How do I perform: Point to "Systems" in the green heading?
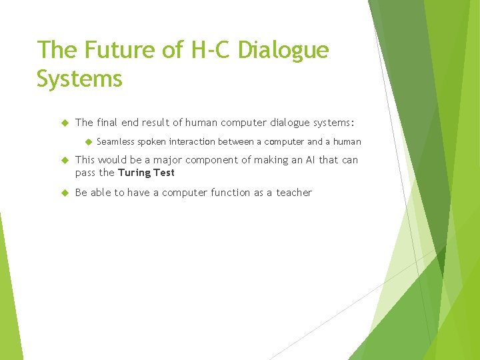[x=80, y=79]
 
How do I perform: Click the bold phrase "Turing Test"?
[x=146, y=173]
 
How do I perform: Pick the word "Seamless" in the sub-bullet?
[x=116, y=141]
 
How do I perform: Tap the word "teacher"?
[x=295, y=193]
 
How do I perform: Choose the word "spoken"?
[x=151, y=141]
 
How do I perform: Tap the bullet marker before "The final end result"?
[x=65, y=123]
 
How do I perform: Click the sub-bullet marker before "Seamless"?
[x=87, y=141]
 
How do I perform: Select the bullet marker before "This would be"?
[x=65, y=160]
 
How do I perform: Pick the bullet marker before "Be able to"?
[x=65, y=193]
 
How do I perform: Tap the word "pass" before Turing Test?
[x=86, y=173]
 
